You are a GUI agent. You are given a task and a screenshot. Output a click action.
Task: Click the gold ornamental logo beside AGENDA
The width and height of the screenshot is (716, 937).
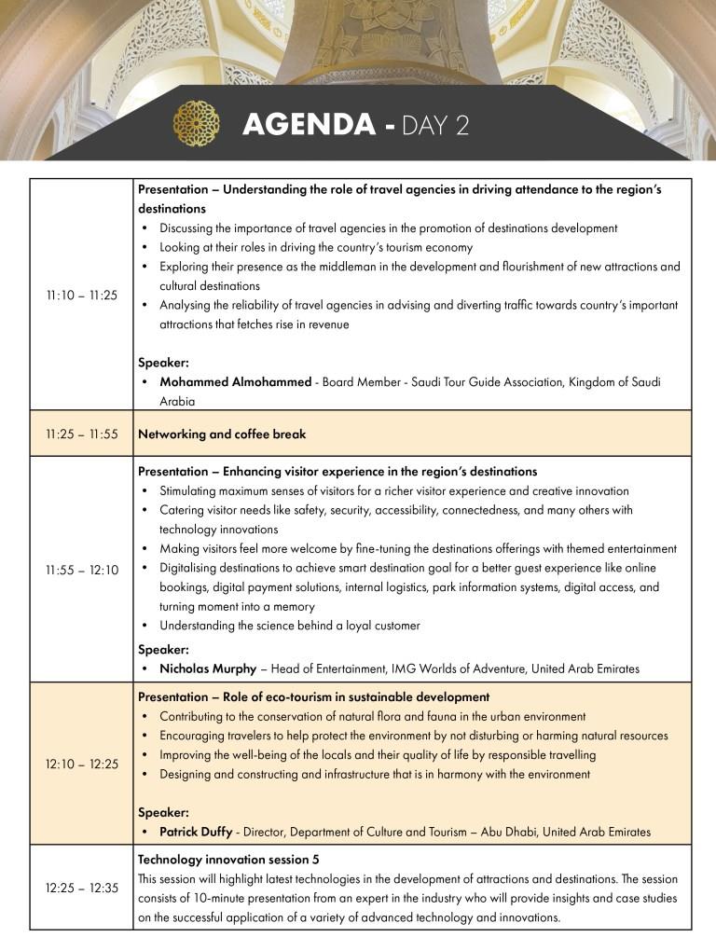point(196,123)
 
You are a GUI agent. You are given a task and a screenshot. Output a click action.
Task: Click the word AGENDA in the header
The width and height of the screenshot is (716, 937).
point(309,125)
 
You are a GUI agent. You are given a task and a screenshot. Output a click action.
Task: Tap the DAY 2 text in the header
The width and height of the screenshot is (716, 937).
point(435,125)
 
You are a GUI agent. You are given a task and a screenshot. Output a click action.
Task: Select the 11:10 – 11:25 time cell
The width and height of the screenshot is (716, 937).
point(82,296)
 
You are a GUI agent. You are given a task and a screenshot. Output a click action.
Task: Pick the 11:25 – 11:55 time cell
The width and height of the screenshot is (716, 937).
point(82,434)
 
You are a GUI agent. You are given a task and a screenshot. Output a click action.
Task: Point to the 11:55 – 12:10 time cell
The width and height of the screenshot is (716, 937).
point(82,570)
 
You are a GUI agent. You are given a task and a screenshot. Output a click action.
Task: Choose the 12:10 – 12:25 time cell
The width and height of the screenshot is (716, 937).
point(82,765)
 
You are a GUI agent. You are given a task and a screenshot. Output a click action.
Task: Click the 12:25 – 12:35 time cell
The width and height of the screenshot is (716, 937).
point(82,888)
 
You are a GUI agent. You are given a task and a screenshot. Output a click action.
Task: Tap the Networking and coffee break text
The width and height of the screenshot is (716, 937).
point(222,434)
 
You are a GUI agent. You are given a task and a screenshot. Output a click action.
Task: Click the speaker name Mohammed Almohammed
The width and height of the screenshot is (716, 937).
point(235,382)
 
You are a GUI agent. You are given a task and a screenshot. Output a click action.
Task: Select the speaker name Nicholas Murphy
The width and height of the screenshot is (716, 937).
point(208,668)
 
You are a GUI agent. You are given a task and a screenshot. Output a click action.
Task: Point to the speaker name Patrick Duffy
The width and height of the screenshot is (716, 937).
point(197,832)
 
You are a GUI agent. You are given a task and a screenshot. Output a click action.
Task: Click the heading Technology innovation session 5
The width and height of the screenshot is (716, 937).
point(228,859)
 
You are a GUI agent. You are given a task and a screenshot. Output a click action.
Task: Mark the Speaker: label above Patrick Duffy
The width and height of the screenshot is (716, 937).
point(163,812)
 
